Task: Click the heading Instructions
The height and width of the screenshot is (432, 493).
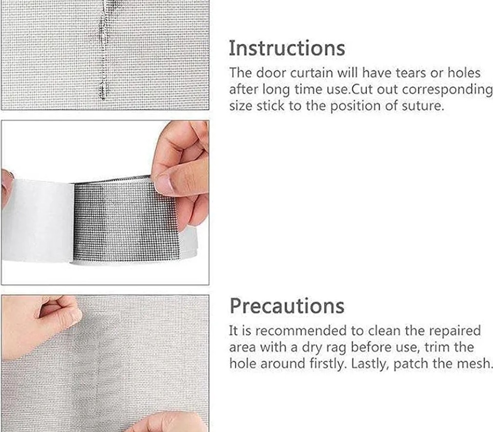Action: pyautogui.click(x=287, y=48)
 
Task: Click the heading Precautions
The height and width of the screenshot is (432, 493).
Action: pyautogui.click(x=287, y=306)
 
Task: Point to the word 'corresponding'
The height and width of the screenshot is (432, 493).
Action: pyautogui.click(x=447, y=90)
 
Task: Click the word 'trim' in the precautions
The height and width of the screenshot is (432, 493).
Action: pyautogui.click(x=437, y=347)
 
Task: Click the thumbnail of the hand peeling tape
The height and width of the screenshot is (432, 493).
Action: pyautogui.click(x=105, y=203)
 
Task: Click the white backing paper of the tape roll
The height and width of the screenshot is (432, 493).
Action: pyautogui.click(x=38, y=220)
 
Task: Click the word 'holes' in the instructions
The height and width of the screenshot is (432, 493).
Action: pyautogui.click(x=464, y=73)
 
